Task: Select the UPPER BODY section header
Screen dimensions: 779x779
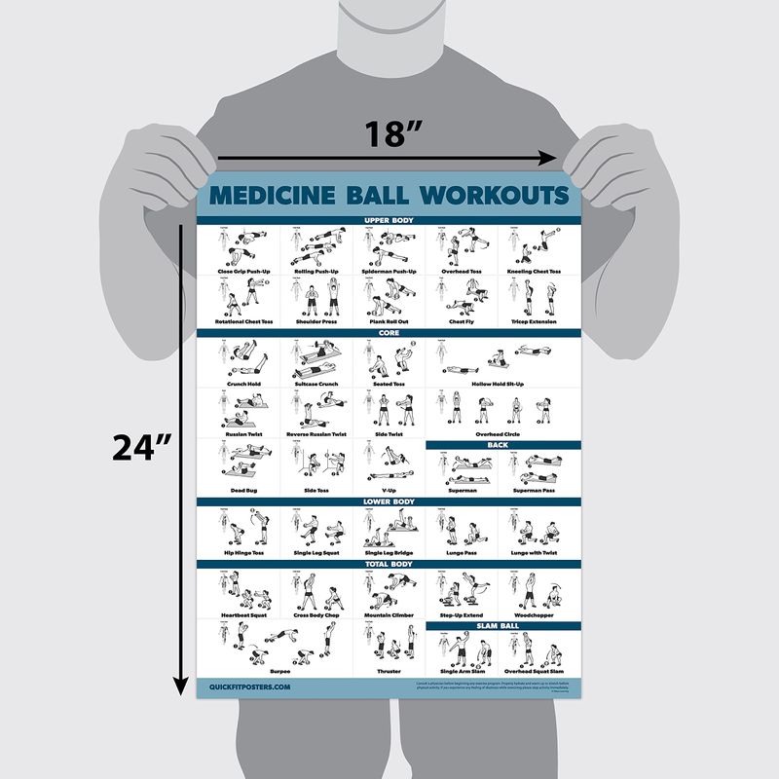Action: click(389, 221)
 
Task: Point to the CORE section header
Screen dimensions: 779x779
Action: click(389, 332)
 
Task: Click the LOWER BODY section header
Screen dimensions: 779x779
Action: click(389, 501)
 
